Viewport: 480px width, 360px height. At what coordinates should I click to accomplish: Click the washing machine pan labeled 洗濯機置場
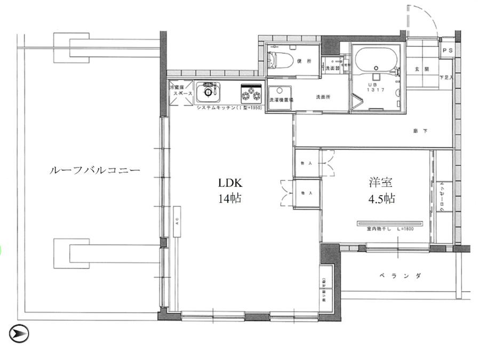point(279,99)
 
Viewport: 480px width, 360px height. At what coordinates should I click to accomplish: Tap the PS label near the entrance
point(447,51)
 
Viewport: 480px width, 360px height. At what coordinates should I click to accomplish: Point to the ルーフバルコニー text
point(94,171)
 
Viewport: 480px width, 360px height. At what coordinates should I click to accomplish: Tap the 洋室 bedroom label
point(378,182)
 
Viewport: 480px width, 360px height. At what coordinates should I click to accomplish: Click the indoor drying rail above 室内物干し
point(392,222)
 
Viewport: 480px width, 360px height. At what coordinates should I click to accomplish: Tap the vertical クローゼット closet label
point(442,197)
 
